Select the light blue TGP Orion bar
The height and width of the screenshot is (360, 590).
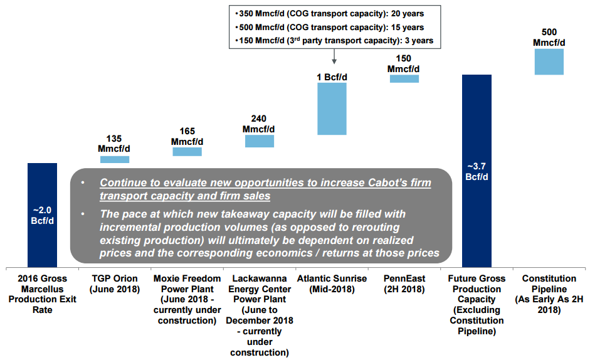[x=115, y=159]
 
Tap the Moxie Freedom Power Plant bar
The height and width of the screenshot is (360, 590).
[x=187, y=152]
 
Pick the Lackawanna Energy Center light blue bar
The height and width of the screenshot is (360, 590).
[x=259, y=140]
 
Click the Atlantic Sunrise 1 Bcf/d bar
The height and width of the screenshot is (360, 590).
[x=332, y=109]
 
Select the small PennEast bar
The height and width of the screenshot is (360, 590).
[x=404, y=78]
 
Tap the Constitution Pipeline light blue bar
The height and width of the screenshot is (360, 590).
[x=549, y=61]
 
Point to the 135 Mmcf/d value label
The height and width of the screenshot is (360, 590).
[x=115, y=144]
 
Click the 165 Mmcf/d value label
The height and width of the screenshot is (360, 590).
[x=187, y=136]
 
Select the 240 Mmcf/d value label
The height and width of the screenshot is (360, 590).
[x=259, y=124]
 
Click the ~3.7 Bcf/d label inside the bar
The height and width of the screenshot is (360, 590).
[x=477, y=171]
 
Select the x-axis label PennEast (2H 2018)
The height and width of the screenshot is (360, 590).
[x=404, y=284]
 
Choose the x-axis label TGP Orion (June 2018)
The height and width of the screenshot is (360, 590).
[x=115, y=284]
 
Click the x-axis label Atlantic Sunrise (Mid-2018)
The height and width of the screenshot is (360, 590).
[x=332, y=284]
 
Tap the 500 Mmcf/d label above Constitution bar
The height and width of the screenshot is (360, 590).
[x=549, y=36]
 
